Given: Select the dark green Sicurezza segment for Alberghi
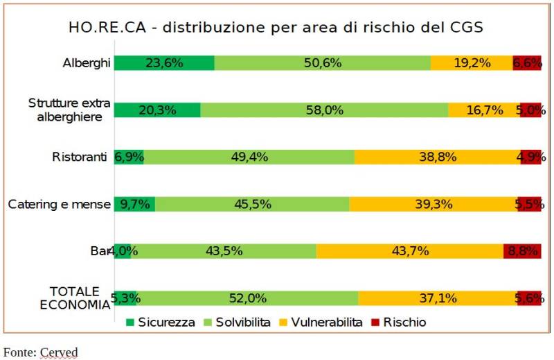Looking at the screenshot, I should click(164, 62).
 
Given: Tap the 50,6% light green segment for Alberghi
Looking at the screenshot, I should click(322, 62).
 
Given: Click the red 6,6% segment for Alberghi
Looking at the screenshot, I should click(526, 62).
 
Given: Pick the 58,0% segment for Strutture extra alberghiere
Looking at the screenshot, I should click(324, 110).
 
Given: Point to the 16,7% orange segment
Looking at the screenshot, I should click(483, 110).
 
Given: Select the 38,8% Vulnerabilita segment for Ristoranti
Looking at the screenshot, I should click(437, 157).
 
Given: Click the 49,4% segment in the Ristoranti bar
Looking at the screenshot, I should click(249, 157).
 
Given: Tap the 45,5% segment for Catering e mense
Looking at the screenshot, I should click(251, 204).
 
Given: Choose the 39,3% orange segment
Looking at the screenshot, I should click(433, 204).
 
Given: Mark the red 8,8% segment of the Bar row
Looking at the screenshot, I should click(522, 251).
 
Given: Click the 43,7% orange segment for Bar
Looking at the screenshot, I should click(409, 251).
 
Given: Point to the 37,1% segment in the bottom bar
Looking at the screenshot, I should click(437, 298).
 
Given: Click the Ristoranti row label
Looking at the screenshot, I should click(80, 157).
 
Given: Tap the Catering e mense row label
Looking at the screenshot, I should click(59, 204).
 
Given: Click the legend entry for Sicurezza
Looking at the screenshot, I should click(160, 323).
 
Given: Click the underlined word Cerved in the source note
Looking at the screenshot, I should click(59, 352).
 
